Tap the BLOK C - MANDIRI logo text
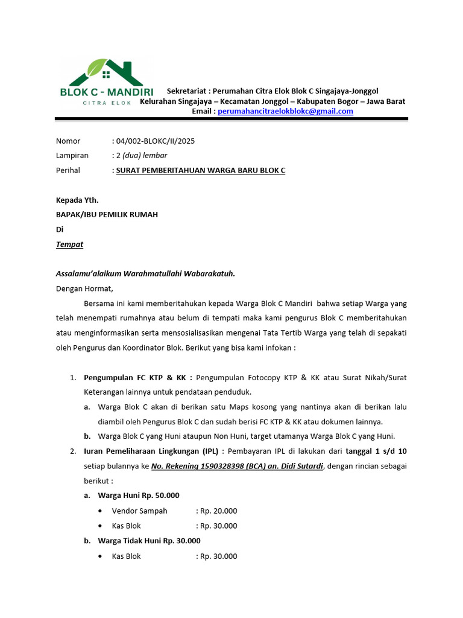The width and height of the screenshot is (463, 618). point(107,92)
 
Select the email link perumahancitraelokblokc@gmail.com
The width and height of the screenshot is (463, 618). point(285,111)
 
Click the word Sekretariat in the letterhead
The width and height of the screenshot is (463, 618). point(187,91)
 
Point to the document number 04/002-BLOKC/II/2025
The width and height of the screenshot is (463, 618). point(155,141)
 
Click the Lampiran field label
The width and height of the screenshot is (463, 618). point(72,156)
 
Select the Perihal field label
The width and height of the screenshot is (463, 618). point(68,170)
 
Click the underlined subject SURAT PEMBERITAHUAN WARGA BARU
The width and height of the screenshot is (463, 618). point(200,170)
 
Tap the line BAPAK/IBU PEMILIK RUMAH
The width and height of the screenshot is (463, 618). point(107,214)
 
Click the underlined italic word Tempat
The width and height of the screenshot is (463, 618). point(69,244)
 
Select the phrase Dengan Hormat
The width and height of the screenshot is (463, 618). point(84,288)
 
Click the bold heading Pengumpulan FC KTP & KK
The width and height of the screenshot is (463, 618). point(138,378)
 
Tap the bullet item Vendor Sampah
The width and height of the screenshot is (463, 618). point(139,511)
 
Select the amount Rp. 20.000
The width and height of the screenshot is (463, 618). point(218,511)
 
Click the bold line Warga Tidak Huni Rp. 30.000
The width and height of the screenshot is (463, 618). point(149,541)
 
